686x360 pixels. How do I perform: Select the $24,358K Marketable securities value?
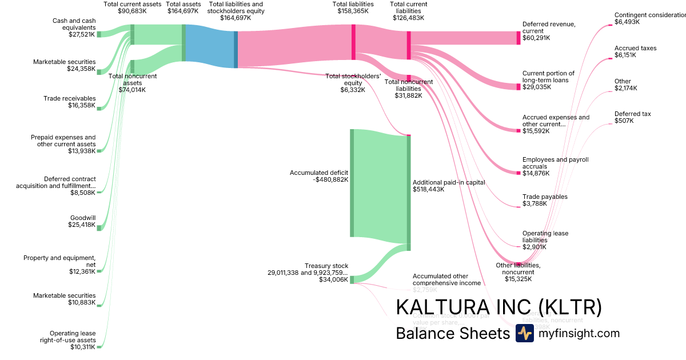[x=81, y=69]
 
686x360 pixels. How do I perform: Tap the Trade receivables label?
[x=69, y=98]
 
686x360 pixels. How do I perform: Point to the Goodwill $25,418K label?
[x=82, y=221]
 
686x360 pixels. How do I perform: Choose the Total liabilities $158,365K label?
[x=353, y=7]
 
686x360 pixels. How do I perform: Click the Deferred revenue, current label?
[x=548, y=27]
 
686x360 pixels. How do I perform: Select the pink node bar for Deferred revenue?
[x=519, y=38]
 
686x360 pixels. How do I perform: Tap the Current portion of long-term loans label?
[x=548, y=77]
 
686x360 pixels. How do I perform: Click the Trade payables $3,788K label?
[x=545, y=200]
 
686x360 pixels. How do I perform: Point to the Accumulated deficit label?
[x=318, y=173]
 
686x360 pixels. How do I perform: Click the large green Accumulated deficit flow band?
[x=380, y=183]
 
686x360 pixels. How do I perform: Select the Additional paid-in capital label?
[x=449, y=182]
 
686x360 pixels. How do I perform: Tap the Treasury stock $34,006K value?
[x=333, y=279]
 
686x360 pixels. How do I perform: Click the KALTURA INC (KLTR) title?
[x=498, y=307]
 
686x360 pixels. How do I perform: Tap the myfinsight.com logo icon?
[x=524, y=333]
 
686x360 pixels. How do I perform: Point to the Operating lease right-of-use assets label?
[x=72, y=340]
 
